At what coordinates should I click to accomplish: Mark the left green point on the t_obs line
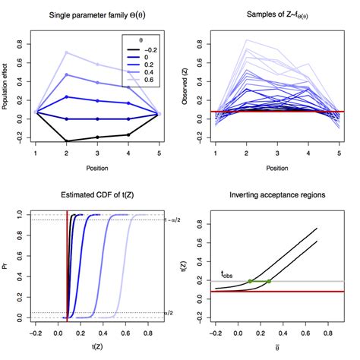pos(249,282)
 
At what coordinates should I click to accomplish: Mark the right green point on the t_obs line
pos(269,282)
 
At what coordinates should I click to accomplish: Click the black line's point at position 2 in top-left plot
pos(66,141)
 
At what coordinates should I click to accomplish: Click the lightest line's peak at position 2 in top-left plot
pos(66,52)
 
